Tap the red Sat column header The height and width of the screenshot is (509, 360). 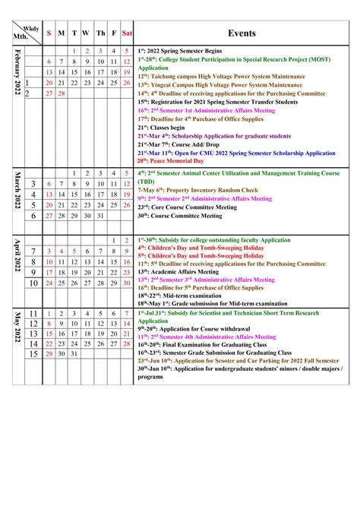127,33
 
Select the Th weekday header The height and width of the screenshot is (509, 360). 100,33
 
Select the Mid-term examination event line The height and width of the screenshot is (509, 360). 183,296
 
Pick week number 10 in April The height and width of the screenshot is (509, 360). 33,284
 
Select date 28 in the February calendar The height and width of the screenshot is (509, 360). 62,93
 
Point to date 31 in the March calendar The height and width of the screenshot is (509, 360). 100,216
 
